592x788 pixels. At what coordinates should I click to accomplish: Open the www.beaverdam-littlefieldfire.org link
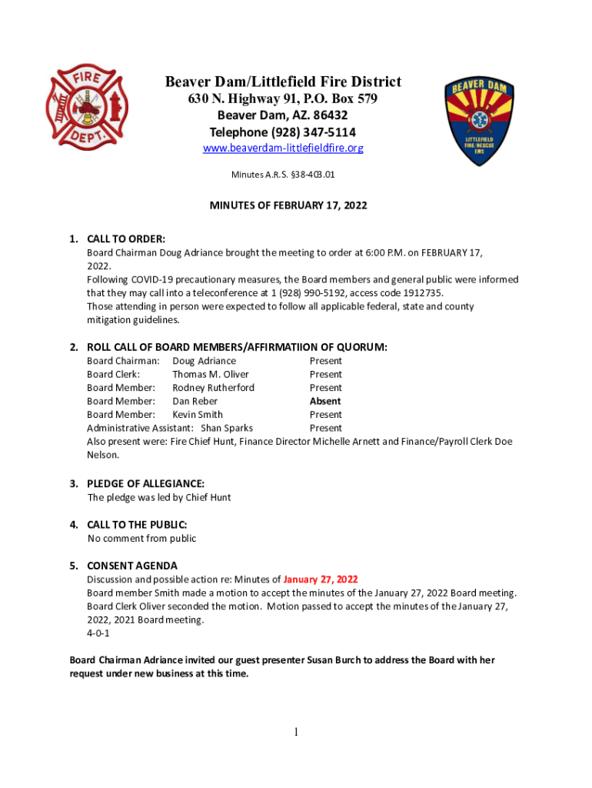(x=282, y=148)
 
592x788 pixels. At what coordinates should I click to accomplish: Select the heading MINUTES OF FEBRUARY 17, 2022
(x=288, y=205)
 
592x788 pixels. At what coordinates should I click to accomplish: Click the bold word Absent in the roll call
(x=325, y=401)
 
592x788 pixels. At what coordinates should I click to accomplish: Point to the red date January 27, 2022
(x=321, y=579)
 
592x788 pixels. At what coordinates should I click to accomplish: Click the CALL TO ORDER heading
(x=126, y=239)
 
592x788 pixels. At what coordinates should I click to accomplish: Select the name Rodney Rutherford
(x=213, y=388)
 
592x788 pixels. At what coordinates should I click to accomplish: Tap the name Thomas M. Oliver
(x=210, y=375)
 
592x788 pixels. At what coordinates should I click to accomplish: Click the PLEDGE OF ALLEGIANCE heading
(x=145, y=483)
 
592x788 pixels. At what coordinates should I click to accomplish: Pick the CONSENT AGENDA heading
(x=131, y=566)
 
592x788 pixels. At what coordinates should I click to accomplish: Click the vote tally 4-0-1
(x=98, y=633)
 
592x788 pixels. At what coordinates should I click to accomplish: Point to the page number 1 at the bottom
(x=295, y=732)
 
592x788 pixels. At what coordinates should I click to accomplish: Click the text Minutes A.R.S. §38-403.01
(x=283, y=175)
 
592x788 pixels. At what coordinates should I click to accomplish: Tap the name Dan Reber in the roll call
(x=195, y=401)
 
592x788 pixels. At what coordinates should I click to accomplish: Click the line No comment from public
(x=141, y=539)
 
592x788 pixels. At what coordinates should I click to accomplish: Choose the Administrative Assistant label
(x=140, y=428)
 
